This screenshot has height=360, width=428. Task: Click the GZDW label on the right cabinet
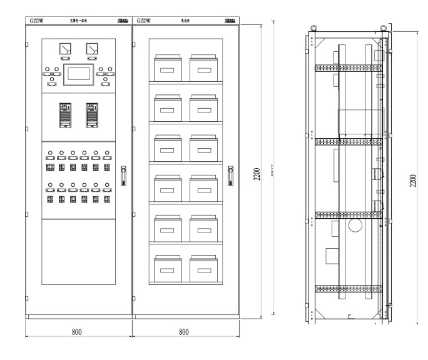[145, 21]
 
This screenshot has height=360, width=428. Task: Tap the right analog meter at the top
[92, 48]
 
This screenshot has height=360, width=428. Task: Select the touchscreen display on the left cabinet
[79, 73]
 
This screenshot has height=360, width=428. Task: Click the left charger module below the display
[66, 114]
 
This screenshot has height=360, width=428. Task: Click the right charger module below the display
[92, 114]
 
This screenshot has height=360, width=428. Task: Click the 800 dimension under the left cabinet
[76, 331]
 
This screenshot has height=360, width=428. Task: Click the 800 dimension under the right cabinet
[184, 331]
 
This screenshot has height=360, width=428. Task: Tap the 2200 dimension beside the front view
[257, 174]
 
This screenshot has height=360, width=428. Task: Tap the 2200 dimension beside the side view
[412, 181]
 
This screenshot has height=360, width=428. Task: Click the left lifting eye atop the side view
[315, 27]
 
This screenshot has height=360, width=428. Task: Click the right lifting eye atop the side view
[381, 27]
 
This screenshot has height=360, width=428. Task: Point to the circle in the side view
[355, 225]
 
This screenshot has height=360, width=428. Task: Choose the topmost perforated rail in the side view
[347, 68]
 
